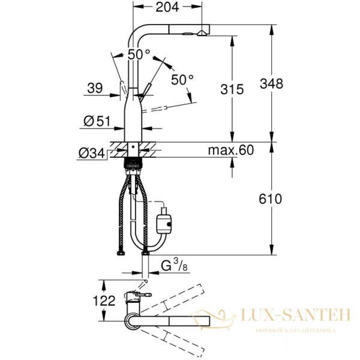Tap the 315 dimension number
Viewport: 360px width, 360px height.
pyautogui.click(x=231, y=90)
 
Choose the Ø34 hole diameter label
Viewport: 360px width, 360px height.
pyautogui.click(x=91, y=154)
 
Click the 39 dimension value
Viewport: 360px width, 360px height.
pyautogui.click(x=95, y=88)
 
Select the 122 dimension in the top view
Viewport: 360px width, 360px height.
pyautogui.click(x=104, y=301)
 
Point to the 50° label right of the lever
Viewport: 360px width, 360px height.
pyautogui.click(x=182, y=79)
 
